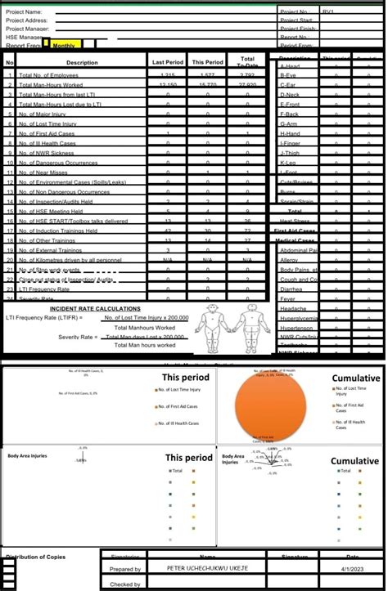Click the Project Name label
coord(24,12)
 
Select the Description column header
coord(82,62)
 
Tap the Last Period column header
coord(168,62)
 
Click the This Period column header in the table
coord(207,62)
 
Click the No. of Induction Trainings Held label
coord(58,231)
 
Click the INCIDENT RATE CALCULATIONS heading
coord(95,309)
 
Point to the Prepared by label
coord(125,569)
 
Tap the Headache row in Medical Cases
coord(293,309)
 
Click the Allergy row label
coord(290,259)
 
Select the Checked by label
coord(125,584)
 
